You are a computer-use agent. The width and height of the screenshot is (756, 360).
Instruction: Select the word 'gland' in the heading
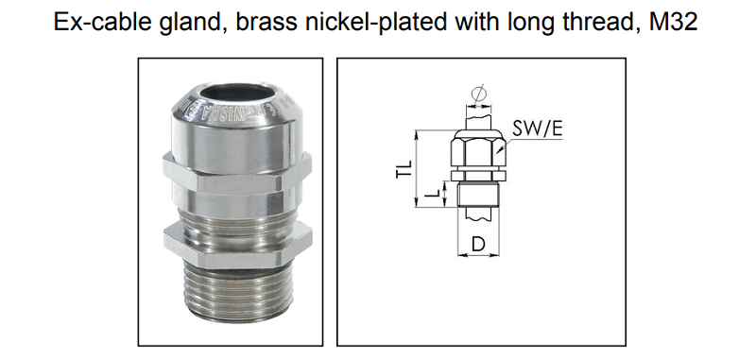click(178, 23)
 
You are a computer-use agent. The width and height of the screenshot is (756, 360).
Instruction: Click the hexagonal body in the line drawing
click(477, 151)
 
